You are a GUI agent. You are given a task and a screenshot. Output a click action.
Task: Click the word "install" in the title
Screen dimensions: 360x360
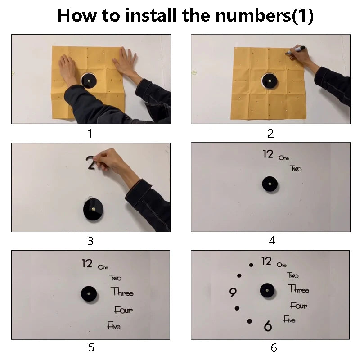click(x=151, y=15)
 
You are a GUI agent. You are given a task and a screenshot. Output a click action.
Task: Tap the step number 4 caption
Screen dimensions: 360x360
click(x=272, y=240)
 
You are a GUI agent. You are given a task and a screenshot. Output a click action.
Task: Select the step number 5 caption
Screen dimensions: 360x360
click(x=91, y=347)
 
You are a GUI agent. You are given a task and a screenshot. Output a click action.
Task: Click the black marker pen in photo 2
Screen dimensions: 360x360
click(x=296, y=50)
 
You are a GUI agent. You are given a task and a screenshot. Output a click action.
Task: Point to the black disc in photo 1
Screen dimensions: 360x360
click(x=89, y=80)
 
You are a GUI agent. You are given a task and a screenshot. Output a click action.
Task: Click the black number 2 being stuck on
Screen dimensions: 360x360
click(x=91, y=162)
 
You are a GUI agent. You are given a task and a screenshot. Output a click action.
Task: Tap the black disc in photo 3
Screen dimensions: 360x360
click(x=93, y=210)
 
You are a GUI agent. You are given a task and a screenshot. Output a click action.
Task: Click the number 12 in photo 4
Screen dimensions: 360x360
click(x=268, y=154)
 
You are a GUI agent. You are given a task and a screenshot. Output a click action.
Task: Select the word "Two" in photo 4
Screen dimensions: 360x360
click(x=296, y=168)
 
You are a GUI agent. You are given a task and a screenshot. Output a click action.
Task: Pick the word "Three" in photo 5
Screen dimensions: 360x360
click(x=122, y=292)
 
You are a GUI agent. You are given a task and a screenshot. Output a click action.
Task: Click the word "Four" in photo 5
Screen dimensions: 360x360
click(x=123, y=310)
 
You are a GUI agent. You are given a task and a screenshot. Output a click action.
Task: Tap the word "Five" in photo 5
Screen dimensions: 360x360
click(x=114, y=325)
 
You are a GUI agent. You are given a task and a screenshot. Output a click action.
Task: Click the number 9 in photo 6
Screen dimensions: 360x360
click(x=233, y=292)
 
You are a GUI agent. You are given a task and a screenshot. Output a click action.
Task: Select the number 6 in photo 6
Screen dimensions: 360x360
click(x=268, y=326)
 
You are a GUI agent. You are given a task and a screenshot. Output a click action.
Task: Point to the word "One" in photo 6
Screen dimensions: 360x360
click(x=282, y=265)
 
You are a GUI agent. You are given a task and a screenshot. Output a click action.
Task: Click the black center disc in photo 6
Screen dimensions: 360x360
click(x=267, y=290)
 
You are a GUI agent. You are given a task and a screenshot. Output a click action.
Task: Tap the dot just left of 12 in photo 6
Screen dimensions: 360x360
click(x=251, y=265)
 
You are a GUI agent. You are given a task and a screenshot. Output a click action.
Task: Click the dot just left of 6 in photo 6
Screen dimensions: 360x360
click(x=250, y=321)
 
